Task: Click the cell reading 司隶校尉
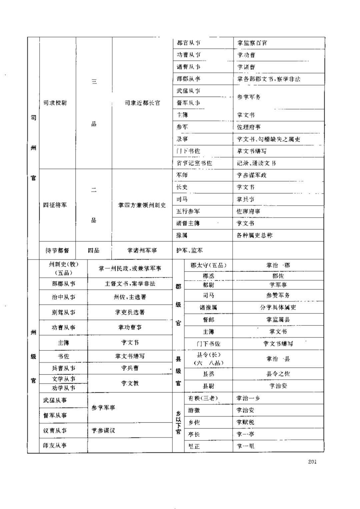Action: [x=55, y=103]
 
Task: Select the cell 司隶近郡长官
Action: [x=142, y=103]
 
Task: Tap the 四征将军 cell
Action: [x=55, y=205]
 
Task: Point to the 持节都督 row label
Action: [x=57, y=251]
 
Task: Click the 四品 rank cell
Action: [x=94, y=251]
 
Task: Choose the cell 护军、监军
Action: [x=189, y=251]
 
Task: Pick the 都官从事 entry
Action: [x=189, y=43]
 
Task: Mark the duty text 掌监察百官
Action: [x=252, y=43]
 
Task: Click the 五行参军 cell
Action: [x=188, y=212]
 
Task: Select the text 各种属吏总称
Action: [x=254, y=236]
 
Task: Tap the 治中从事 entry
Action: [x=63, y=297]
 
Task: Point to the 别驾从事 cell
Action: [x=63, y=312]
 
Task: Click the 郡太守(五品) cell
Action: [x=208, y=265]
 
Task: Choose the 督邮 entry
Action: [x=208, y=320]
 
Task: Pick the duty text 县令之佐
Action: [x=278, y=374]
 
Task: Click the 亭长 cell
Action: [x=194, y=434]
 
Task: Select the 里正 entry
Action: [x=194, y=446]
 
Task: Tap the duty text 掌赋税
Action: [x=245, y=422]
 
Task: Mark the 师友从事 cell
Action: [x=55, y=446]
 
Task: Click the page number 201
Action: [x=312, y=462]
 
